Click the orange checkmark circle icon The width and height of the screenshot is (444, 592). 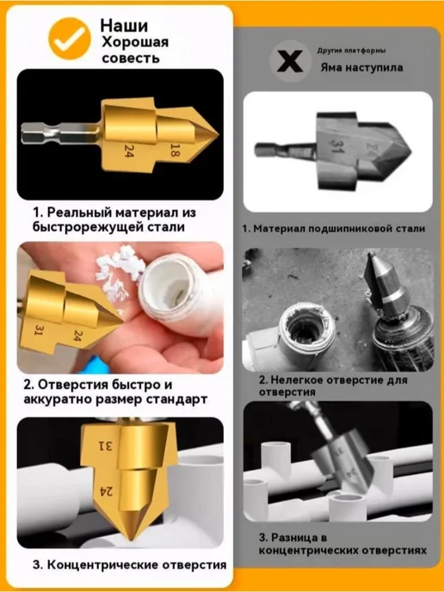[70, 38]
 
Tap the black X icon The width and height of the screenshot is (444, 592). [290, 61]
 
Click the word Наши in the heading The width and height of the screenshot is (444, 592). [124, 25]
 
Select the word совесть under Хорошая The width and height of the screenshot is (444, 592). [131, 59]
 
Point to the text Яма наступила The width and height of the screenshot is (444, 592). [361, 68]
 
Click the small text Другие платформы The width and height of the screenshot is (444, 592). [351, 51]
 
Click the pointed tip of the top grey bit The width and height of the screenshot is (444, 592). [410, 152]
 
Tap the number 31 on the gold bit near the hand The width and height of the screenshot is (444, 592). [40, 330]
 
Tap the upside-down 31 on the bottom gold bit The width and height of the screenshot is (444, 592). [106, 447]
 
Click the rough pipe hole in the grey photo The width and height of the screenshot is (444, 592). [305, 330]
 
